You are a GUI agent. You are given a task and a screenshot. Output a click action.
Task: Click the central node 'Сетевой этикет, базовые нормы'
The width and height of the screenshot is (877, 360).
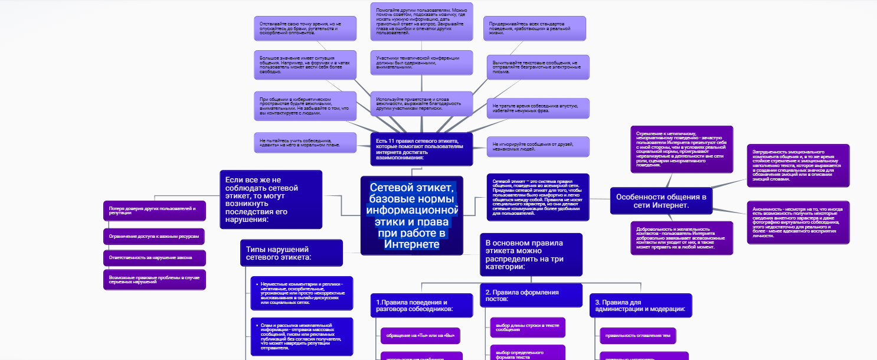(412, 215)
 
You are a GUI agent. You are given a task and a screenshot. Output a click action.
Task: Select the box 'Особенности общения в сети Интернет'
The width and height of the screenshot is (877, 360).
(660, 201)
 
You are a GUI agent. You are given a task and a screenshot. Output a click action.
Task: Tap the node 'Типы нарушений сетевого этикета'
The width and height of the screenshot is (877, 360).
(291, 253)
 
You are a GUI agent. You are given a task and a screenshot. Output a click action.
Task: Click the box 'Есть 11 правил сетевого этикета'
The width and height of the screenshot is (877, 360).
(422, 149)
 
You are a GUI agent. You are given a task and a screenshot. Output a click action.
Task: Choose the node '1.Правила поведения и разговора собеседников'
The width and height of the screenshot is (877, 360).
(421, 305)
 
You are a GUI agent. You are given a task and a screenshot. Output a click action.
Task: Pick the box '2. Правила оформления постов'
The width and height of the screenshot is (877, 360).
(531, 295)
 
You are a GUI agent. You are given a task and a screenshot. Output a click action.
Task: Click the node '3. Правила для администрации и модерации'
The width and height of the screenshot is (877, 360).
(640, 305)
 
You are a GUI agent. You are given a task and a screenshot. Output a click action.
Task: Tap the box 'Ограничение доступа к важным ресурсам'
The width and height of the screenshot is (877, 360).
(154, 236)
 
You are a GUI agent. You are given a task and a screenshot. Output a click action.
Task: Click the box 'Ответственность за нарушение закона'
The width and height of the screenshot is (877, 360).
(154, 258)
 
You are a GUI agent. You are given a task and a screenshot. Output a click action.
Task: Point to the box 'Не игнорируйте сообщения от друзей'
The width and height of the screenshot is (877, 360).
(537, 146)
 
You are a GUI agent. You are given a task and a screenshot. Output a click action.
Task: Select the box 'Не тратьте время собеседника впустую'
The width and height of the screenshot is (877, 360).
(537, 108)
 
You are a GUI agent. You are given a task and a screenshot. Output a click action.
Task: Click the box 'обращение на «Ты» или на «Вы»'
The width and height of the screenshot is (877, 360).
(420, 336)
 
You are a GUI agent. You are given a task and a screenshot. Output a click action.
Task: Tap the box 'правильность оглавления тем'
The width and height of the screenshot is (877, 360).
(637, 336)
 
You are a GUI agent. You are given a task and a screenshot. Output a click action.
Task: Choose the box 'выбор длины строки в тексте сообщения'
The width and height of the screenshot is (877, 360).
(527, 327)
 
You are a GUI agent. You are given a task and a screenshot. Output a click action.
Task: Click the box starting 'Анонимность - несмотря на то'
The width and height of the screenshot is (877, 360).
(799, 222)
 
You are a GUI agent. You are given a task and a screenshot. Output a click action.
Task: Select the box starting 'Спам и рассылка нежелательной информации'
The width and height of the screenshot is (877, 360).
(301, 336)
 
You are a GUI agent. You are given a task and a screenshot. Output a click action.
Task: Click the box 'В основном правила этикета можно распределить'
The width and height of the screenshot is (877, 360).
(531, 254)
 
